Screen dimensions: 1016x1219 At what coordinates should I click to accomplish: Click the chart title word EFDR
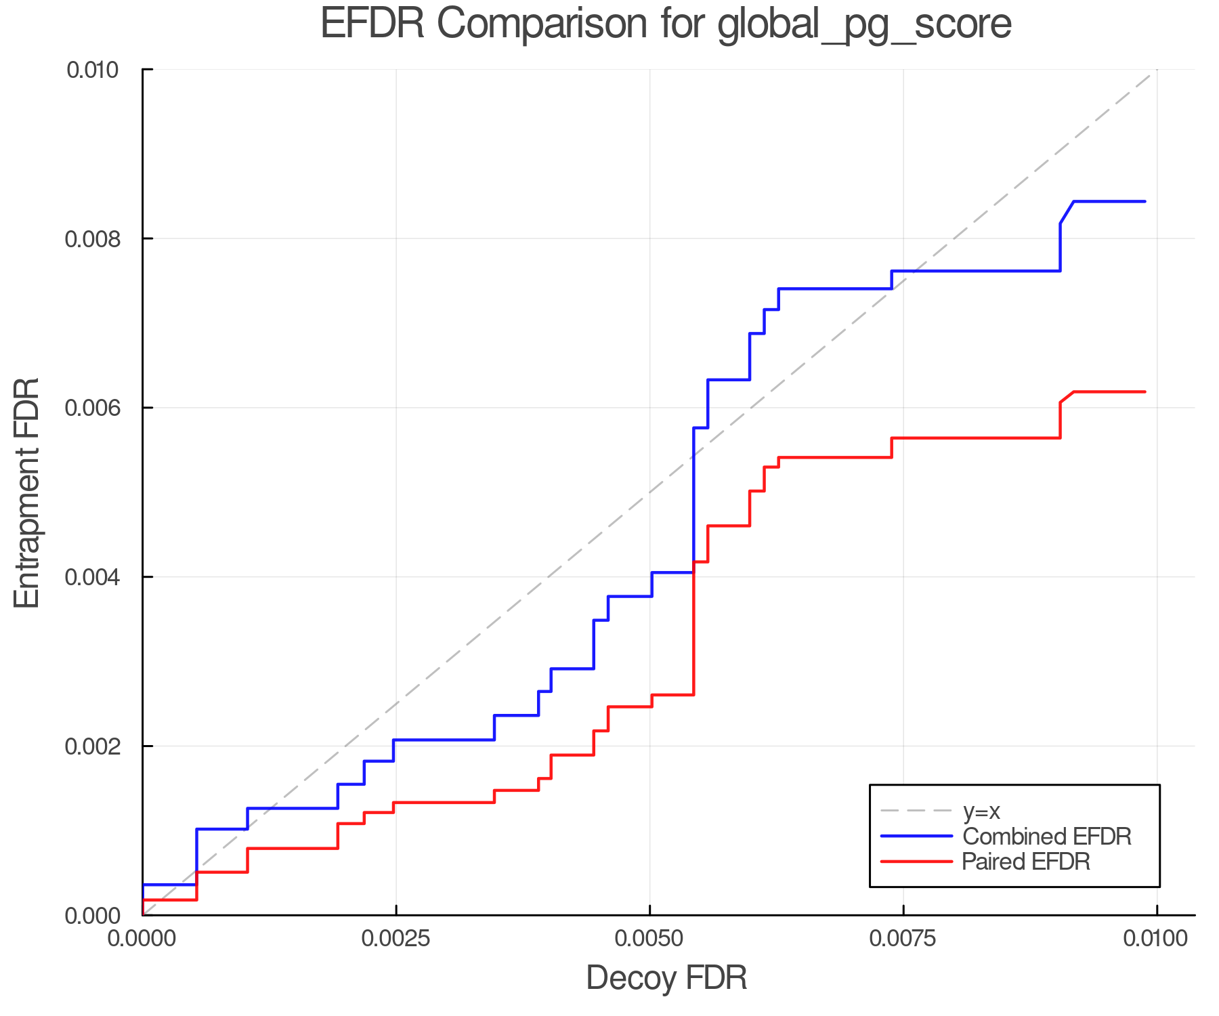372,24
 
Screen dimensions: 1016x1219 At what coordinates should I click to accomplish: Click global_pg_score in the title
864,25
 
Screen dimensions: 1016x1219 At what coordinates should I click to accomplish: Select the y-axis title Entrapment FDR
27,492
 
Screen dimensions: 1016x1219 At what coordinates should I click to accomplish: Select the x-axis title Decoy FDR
666,978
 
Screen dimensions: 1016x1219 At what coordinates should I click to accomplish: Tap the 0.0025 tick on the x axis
396,939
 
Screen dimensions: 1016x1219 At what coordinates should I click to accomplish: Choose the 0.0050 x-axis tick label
649,939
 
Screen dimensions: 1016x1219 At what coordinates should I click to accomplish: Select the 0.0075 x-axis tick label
903,939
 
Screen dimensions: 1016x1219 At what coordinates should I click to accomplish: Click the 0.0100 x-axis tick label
1155,939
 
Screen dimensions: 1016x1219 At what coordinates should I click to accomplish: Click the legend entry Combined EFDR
1046,837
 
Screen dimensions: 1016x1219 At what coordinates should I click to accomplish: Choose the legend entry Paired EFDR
1025,862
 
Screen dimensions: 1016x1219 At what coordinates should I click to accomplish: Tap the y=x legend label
981,811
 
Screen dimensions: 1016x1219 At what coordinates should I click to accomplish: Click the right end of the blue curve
1145,202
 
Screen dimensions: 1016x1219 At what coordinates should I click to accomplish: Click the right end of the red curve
1145,391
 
